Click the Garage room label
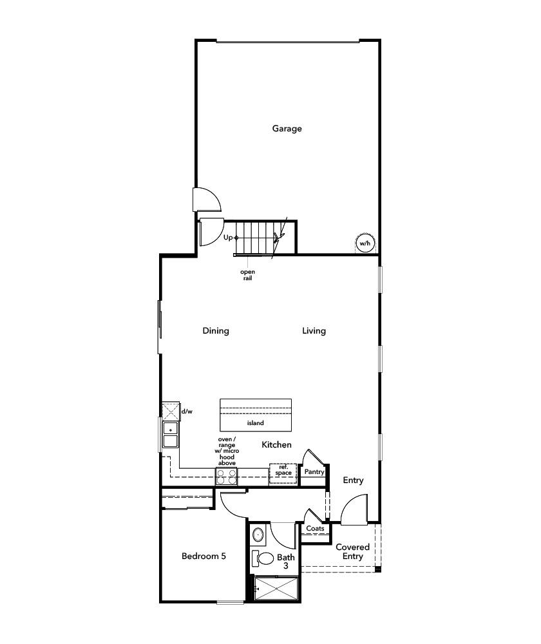[287, 129]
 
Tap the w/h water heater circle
[365, 243]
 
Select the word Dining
[216, 331]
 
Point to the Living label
[314, 331]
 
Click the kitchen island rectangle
[256, 415]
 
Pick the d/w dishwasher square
[170, 411]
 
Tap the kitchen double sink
[170, 435]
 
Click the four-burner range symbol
[226, 477]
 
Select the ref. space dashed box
[283, 471]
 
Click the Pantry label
[314, 472]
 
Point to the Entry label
[353, 480]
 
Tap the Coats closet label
[315, 529]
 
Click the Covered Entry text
[352, 552]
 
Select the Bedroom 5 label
[204, 556]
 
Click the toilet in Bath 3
[263, 558]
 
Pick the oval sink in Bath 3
[258, 535]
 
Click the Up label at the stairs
[228, 238]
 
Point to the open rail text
[247, 275]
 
